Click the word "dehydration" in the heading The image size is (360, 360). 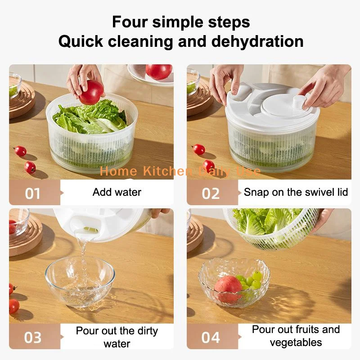click(x=257, y=41)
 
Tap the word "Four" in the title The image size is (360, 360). click(x=130, y=22)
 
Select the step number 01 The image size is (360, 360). click(x=32, y=193)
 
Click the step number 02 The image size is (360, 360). click(x=211, y=193)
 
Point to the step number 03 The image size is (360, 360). click(x=33, y=337)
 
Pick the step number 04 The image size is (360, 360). click(x=211, y=337)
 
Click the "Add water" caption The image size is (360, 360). click(x=117, y=192)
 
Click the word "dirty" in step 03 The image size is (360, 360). click(x=148, y=331)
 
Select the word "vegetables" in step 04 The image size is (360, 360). click(x=296, y=342)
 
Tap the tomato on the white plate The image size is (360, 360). click(x=159, y=72)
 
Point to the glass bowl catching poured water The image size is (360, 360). click(x=80, y=282)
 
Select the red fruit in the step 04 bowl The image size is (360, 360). click(x=228, y=288)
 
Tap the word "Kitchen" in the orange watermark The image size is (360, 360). click(x=168, y=171)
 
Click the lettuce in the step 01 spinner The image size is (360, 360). click(x=90, y=117)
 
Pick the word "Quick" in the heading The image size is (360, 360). click(x=81, y=41)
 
